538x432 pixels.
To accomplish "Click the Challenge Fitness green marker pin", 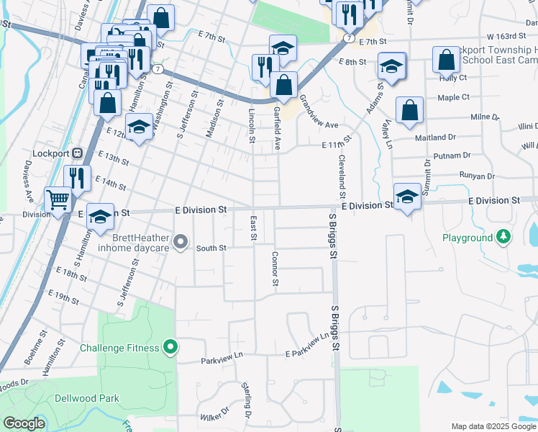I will pyautogui.click(x=170, y=348).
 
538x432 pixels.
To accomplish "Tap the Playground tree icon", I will pyautogui.click(x=504, y=237).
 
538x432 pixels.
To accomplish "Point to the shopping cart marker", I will pyautogui.click(x=58, y=199).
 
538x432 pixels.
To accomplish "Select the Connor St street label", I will pyautogui.click(x=275, y=268).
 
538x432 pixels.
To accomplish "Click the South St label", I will pyautogui.click(x=211, y=248).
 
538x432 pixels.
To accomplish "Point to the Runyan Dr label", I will pyautogui.click(x=477, y=176).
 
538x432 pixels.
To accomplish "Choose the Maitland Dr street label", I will pyautogui.click(x=435, y=136).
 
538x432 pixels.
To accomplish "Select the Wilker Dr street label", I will pyautogui.click(x=214, y=415).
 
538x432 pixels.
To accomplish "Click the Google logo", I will pyautogui.click(x=23, y=423).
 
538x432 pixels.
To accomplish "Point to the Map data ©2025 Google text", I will pyautogui.click(x=493, y=426).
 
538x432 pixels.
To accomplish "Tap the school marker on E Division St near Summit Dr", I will pyautogui.click(x=407, y=196).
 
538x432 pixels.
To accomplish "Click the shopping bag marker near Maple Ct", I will pyautogui.click(x=409, y=110).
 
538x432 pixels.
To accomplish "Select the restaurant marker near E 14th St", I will pyautogui.click(x=77, y=178).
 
